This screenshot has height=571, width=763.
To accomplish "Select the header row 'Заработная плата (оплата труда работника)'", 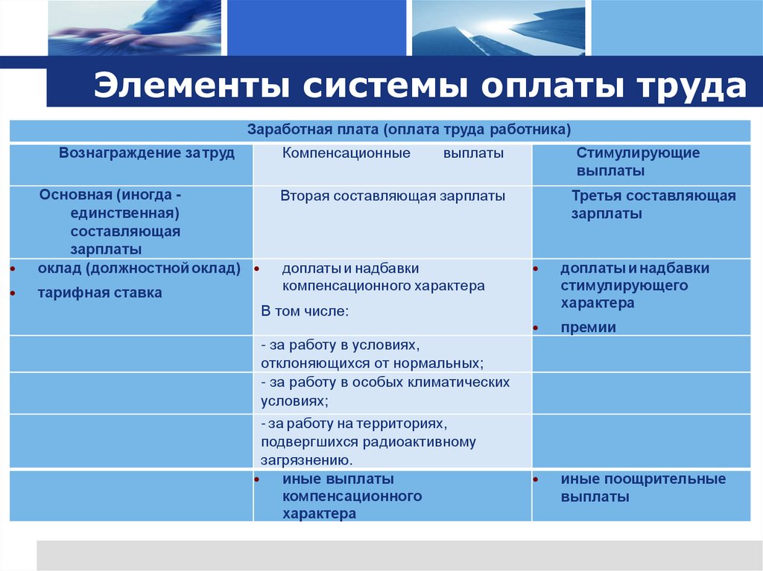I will tap(409, 130).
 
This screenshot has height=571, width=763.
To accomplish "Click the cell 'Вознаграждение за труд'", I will tap(147, 153).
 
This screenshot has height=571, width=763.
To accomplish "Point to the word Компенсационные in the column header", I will tap(346, 153).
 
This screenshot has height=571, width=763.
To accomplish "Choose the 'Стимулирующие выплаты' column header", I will tap(638, 162).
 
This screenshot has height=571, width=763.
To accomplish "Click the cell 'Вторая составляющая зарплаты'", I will tap(393, 196).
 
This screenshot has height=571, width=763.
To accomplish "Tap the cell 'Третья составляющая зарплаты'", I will tap(653, 205).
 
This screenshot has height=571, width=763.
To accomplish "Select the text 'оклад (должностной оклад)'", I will tap(139, 268).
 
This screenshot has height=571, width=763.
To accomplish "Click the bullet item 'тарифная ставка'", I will tap(100, 293).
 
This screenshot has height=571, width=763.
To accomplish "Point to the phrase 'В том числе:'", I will tap(305, 310).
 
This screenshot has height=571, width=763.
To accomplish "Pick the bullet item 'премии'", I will tap(589, 327).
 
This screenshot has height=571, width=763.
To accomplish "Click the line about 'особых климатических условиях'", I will tap(385, 391).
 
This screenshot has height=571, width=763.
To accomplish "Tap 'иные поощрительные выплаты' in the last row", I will tap(643, 488).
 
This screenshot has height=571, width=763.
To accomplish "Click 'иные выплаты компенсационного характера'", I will tap(352, 496).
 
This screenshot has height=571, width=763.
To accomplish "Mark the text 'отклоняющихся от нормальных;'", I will tap(373, 363).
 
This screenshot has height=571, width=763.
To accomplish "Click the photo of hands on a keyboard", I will tap(134, 28).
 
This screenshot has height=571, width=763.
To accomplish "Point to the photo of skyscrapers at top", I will tap(498, 28).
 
